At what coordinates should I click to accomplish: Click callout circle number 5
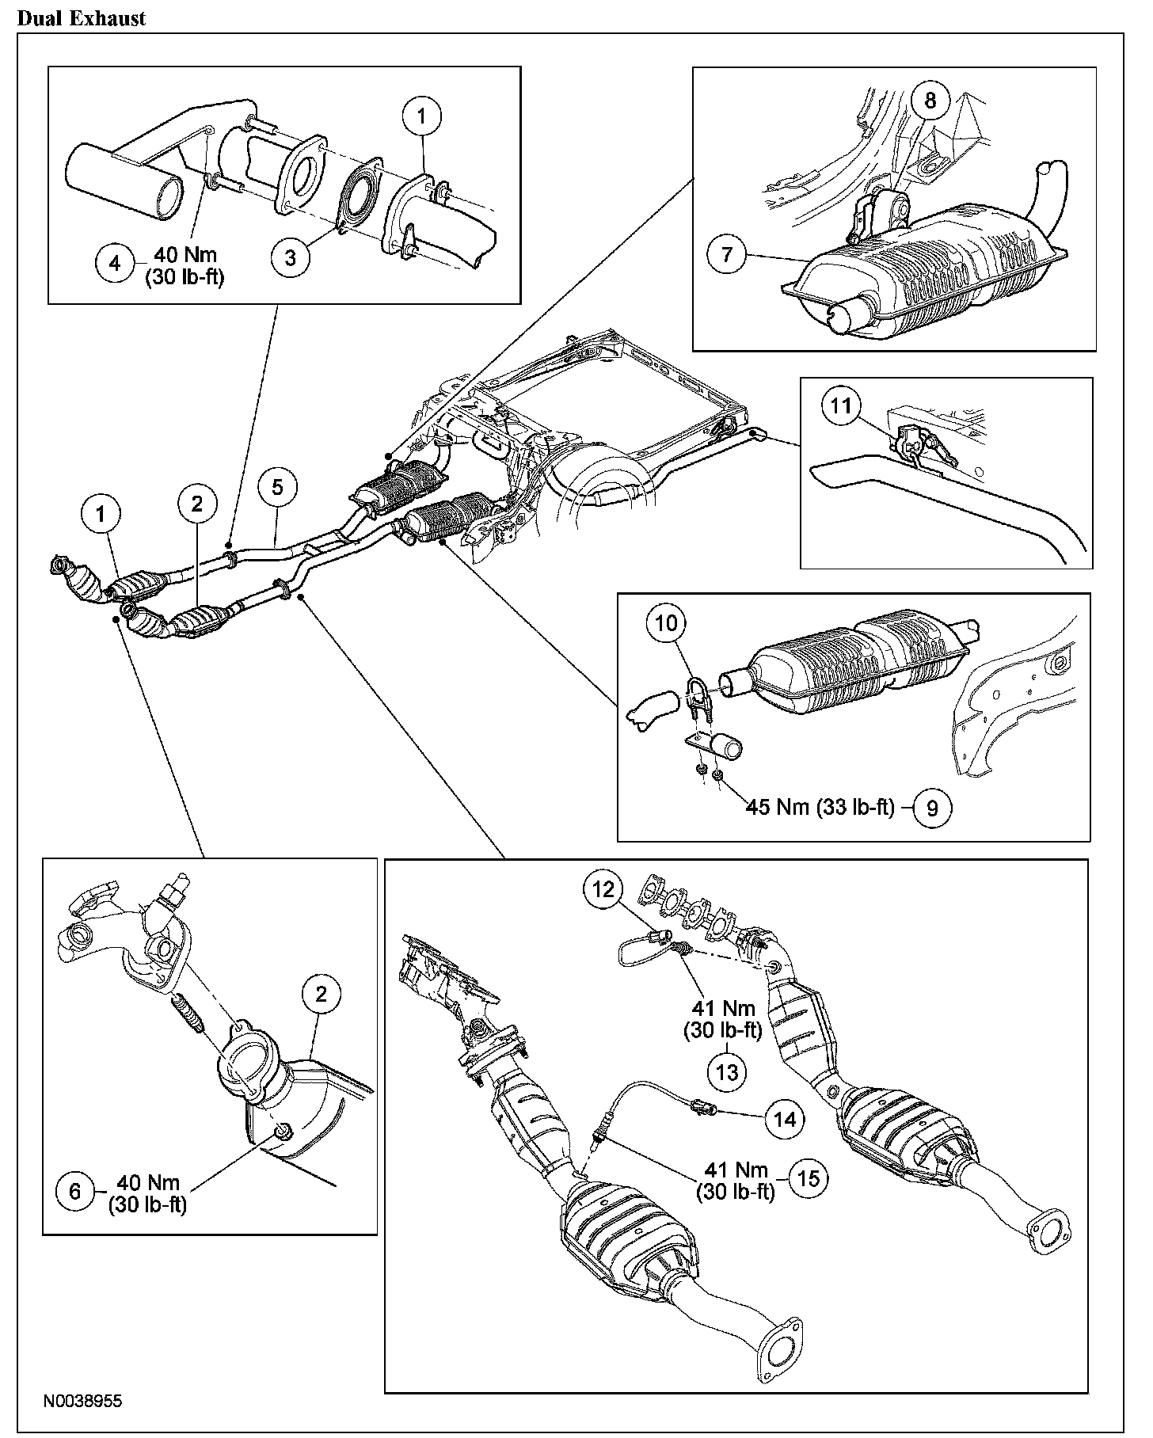pyautogui.click(x=277, y=488)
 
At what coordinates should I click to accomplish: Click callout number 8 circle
pyautogui.click(x=930, y=101)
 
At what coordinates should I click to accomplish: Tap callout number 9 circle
pyautogui.click(x=932, y=808)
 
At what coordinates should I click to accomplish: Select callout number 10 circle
pyautogui.click(x=667, y=623)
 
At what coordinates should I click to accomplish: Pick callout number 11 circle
pyautogui.click(x=840, y=406)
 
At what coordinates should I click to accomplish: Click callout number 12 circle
pyautogui.click(x=604, y=890)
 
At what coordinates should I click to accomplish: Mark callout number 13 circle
pyautogui.click(x=727, y=1071)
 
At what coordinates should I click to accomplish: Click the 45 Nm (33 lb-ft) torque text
pyautogui.click(x=820, y=808)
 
